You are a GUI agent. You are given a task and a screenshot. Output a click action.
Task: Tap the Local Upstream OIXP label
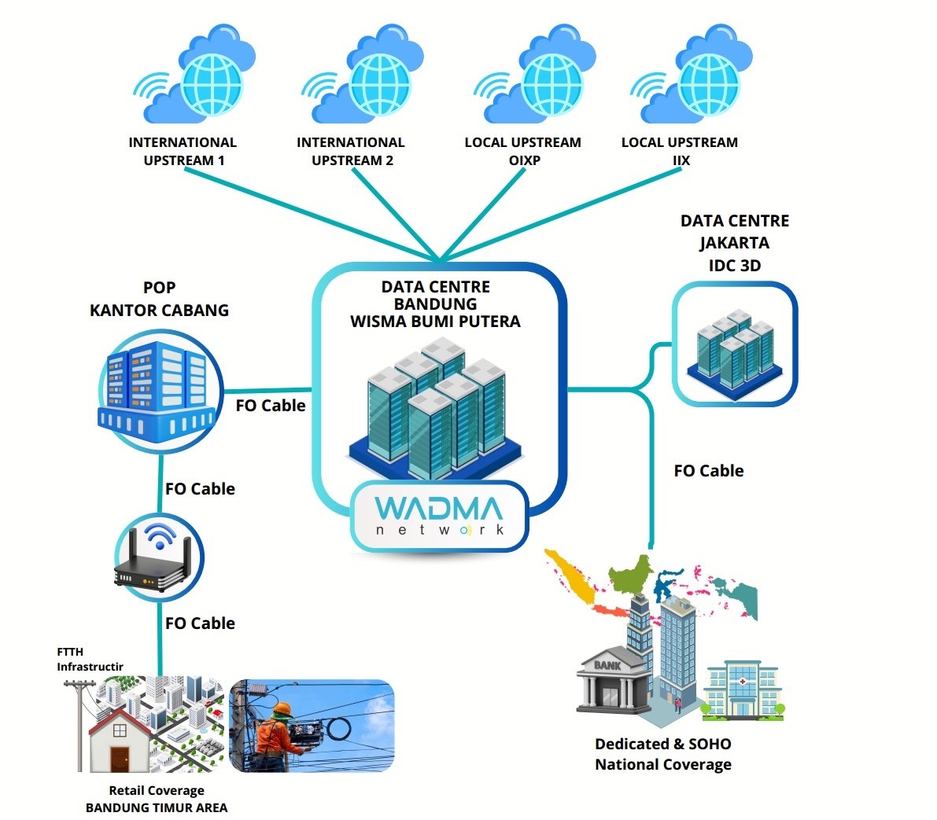tap(522, 151)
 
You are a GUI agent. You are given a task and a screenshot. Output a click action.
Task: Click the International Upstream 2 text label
tap(351, 151)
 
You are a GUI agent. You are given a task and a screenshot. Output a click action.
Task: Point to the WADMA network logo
tap(438, 515)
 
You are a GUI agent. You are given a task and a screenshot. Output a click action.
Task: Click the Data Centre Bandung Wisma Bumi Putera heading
tap(435, 303)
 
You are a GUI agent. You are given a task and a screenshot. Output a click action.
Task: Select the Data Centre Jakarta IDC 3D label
tap(734, 243)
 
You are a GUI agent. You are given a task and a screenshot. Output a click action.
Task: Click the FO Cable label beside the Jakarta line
tap(708, 471)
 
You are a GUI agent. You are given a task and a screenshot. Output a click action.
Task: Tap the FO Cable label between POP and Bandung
tap(270, 406)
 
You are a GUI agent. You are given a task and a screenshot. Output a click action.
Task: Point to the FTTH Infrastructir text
tap(88, 659)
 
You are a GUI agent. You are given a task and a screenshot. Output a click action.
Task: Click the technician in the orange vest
tap(275, 735)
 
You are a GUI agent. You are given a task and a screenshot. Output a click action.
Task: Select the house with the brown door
tap(118, 739)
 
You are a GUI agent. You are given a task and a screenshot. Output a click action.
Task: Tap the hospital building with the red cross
tap(740, 690)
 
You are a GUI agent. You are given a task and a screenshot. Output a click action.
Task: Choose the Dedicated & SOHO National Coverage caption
tap(662, 754)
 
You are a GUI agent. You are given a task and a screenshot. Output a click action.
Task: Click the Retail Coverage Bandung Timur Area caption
tap(157, 799)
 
